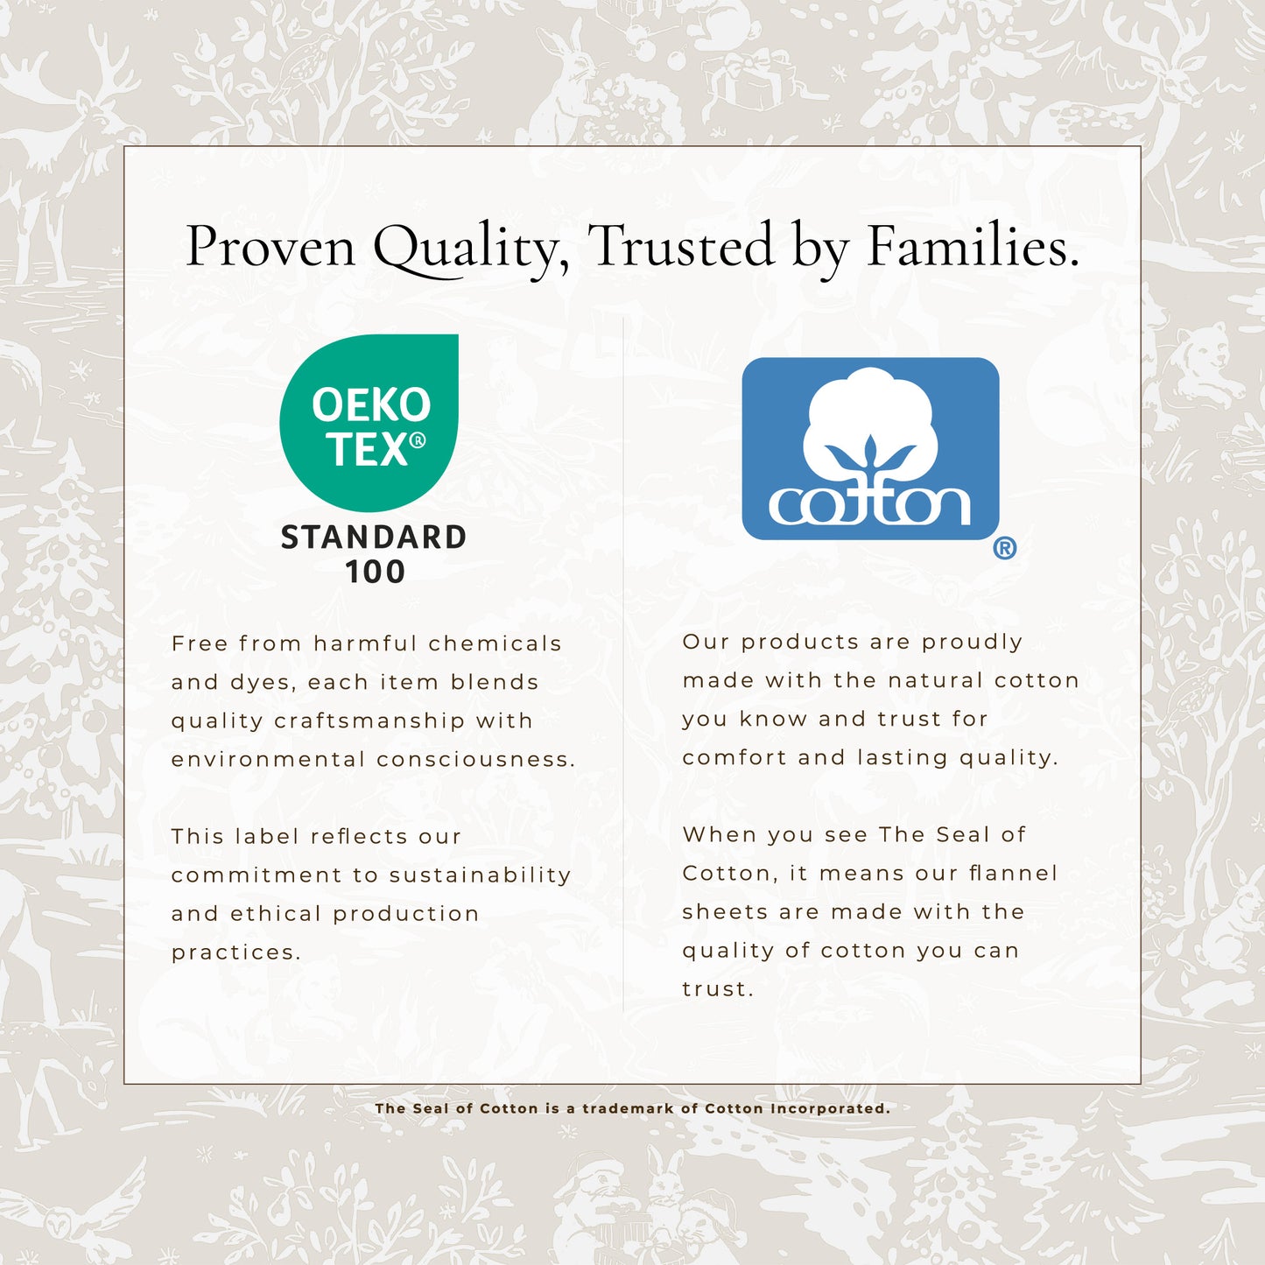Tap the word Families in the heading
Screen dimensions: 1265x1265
click(x=973, y=245)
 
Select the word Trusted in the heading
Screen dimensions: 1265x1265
click(x=680, y=245)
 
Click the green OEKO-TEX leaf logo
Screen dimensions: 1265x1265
click(x=369, y=423)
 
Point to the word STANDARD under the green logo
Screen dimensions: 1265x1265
click(x=374, y=537)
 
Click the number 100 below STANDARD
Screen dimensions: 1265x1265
click(x=375, y=572)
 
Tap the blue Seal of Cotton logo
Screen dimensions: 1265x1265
click(x=870, y=448)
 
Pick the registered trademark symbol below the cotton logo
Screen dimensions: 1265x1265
click(x=1004, y=547)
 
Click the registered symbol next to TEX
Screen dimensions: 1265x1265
click(x=418, y=439)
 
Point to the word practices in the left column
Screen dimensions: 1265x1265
click(x=236, y=953)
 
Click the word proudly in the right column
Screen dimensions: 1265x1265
click(x=973, y=642)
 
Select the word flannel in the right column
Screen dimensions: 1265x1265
click(x=1014, y=873)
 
